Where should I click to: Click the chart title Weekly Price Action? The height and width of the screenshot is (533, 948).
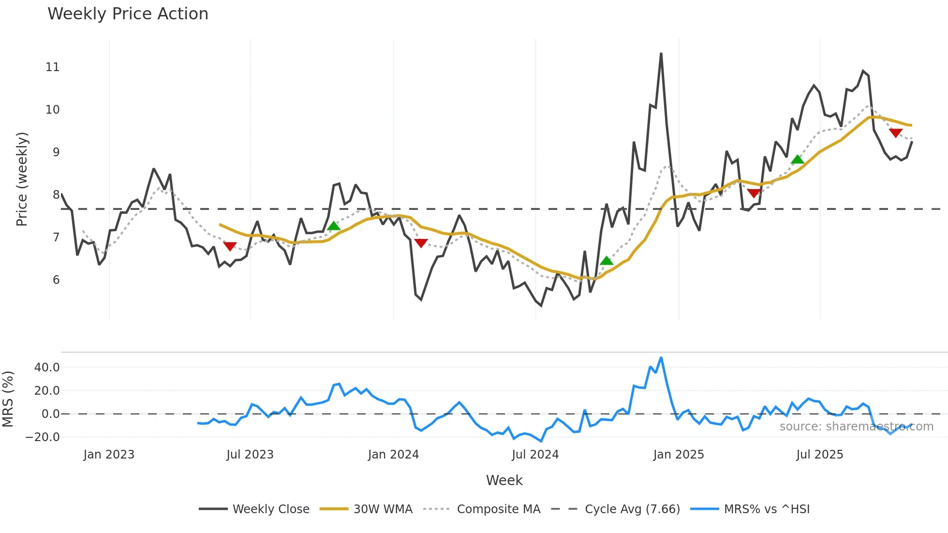point(128,14)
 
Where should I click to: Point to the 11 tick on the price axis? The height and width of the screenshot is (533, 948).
point(53,67)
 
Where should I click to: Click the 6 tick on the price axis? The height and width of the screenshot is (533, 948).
point(56,280)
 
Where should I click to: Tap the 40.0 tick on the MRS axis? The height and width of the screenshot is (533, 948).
point(47,368)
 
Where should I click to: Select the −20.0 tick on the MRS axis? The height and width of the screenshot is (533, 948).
point(43,437)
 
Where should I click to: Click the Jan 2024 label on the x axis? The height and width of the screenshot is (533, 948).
point(393,455)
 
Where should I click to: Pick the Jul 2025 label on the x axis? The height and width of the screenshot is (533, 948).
point(820,455)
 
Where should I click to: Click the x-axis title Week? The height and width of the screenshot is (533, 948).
point(504,480)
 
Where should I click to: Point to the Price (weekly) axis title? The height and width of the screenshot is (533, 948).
point(22,179)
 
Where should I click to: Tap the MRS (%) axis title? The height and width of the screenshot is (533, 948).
point(8,399)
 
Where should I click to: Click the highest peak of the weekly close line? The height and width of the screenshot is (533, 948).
point(661,54)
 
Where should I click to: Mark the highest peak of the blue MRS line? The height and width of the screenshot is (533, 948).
point(661,358)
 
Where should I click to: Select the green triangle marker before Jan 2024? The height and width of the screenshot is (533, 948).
point(334,226)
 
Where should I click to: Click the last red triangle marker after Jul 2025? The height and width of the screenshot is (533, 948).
point(896,133)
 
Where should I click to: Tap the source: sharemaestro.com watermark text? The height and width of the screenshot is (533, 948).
point(856,427)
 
